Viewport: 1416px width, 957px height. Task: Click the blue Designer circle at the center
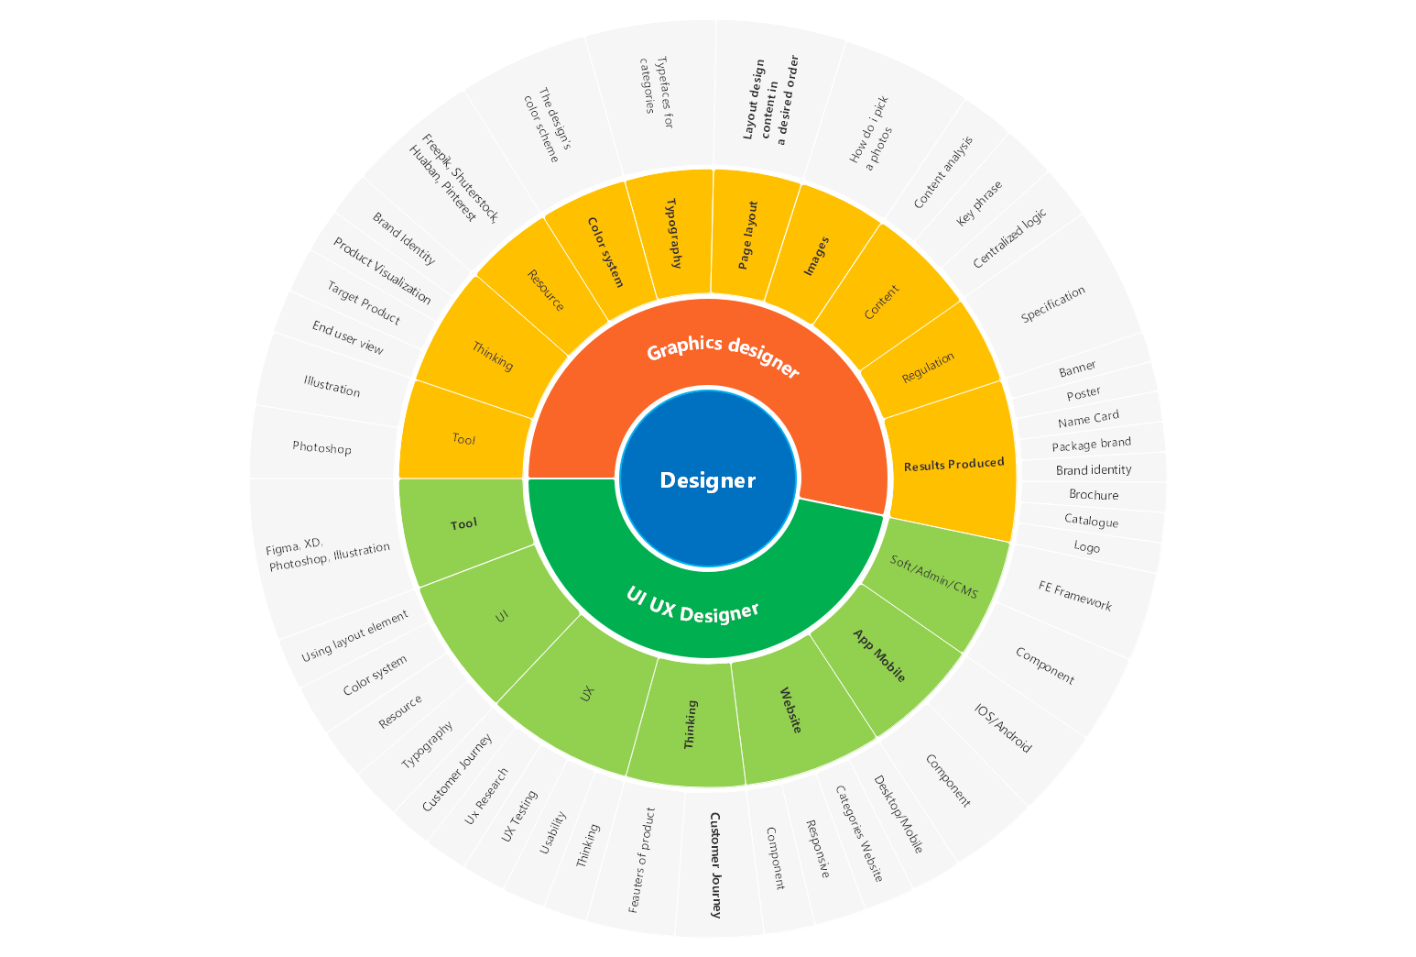707,478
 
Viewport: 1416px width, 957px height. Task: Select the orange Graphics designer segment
723,358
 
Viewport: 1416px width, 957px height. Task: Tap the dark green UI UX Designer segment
693,605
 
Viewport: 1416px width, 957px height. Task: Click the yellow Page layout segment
748,236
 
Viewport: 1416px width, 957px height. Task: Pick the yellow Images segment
816,256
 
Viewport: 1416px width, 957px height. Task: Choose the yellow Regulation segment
928,367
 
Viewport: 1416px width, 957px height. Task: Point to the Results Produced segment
953,464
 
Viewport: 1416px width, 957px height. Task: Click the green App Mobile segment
879,655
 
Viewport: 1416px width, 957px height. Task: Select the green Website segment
791,709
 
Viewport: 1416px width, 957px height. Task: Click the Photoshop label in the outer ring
321,448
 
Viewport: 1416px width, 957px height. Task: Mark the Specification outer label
1053,303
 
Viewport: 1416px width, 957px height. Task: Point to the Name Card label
1088,419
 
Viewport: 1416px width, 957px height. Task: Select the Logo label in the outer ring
1086,547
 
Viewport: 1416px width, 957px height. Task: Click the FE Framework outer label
1075,596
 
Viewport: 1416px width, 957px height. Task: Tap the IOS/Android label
1003,729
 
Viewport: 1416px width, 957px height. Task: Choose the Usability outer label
552,832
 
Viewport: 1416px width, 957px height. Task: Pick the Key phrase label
979,203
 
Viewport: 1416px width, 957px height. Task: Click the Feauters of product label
642,860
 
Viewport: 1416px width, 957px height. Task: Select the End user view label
347,338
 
